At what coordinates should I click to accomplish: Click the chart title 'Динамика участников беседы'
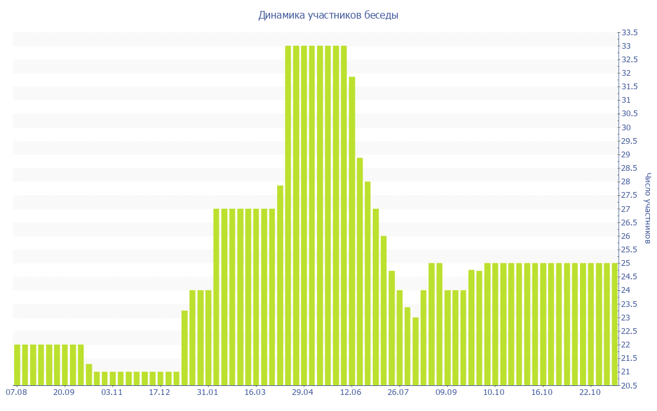(x=328, y=15)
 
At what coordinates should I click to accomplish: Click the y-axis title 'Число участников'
(x=648, y=208)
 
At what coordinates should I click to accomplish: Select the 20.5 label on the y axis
(x=629, y=385)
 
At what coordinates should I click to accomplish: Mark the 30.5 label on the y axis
(x=629, y=114)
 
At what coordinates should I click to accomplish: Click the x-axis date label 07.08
(x=16, y=392)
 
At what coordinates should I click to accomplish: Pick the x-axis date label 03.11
(x=112, y=392)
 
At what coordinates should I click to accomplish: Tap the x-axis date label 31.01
(x=207, y=392)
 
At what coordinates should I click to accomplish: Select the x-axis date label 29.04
(x=303, y=392)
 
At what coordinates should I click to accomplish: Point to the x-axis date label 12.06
(x=351, y=392)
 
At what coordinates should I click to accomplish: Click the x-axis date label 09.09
(x=447, y=392)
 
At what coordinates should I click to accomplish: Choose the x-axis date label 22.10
(x=590, y=392)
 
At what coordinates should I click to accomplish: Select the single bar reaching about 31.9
(x=352, y=231)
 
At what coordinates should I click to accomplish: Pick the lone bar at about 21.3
(x=89, y=375)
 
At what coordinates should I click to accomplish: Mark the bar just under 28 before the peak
(x=280, y=285)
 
